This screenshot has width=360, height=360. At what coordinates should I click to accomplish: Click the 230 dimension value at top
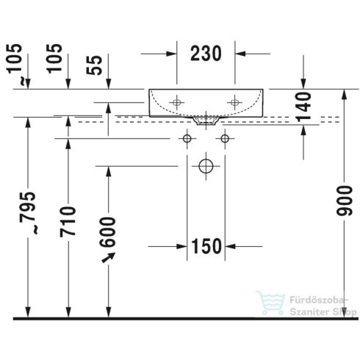[206, 54]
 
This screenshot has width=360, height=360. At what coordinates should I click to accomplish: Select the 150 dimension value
[206, 246]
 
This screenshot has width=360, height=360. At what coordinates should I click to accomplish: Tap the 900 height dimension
[344, 201]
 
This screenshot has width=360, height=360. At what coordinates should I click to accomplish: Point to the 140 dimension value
[303, 107]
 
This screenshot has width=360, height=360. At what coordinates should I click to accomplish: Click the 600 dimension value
[107, 232]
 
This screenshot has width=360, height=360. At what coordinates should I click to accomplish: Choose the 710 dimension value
[68, 222]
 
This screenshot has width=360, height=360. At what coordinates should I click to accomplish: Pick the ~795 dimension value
[27, 213]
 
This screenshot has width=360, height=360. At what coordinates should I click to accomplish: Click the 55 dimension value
[94, 65]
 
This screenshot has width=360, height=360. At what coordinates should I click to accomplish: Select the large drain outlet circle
[206, 166]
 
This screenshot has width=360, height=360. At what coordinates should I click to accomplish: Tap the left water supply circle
[187, 139]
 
